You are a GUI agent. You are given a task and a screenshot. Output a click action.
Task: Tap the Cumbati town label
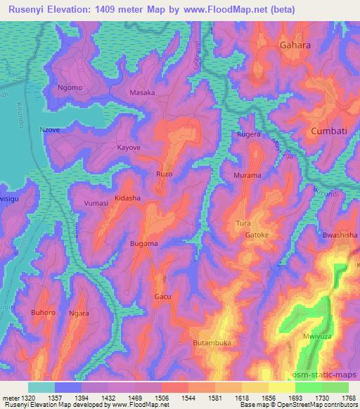[330, 131]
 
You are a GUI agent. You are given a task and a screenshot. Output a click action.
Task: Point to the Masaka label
[143, 93]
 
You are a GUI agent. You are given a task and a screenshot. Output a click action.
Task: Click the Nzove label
[50, 129]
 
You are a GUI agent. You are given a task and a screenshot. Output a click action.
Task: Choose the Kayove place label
[129, 148]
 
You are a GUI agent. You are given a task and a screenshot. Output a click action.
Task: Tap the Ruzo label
[163, 174]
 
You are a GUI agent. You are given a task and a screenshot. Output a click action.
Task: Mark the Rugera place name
[249, 134]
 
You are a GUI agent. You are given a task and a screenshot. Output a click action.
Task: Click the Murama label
[247, 175]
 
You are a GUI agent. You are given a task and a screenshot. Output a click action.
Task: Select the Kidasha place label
[128, 199]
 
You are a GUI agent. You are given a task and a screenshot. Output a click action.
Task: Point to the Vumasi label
[96, 203]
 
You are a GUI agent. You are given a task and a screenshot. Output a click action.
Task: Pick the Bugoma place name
[144, 243]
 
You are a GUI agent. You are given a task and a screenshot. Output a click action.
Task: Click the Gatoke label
[257, 235]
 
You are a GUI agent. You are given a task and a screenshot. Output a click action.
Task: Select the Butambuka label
[212, 343]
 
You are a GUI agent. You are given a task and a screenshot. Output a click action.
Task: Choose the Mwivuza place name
[317, 337]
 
